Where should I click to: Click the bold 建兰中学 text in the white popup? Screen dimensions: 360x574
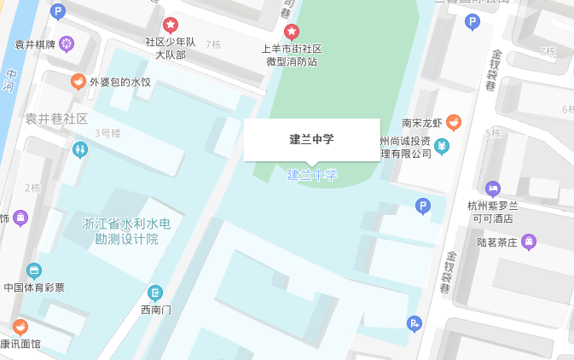pyautogui.click(x=311, y=139)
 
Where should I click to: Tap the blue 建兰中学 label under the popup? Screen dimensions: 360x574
pyautogui.click(x=312, y=175)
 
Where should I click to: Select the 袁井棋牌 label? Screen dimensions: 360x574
pyautogui.click(x=35, y=44)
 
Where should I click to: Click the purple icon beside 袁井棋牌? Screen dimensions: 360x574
pyautogui.click(x=67, y=44)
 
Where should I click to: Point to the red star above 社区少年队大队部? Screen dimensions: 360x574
pyautogui.click(x=171, y=25)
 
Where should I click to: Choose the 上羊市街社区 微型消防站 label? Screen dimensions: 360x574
pyautogui.click(x=292, y=55)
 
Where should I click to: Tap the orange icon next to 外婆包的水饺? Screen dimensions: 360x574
pyautogui.click(x=78, y=82)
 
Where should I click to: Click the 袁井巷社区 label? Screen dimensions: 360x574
pyautogui.click(x=56, y=119)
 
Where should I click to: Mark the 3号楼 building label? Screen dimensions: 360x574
pyautogui.click(x=107, y=133)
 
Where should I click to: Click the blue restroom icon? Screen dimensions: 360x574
pyautogui.click(x=80, y=149)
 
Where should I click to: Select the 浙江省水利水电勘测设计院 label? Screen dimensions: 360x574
pyautogui.click(x=126, y=231)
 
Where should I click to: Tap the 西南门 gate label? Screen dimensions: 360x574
pyautogui.click(x=155, y=310)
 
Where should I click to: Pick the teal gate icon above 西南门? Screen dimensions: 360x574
pyautogui.click(x=154, y=293)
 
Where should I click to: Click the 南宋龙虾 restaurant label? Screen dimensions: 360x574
pyautogui.click(x=422, y=123)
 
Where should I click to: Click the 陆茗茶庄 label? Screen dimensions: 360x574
pyautogui.click(x=498, y=242)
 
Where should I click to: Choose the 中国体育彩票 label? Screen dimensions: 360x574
pyautogui.click(x=34, y=287)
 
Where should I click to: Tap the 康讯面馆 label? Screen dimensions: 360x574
pyautogui.click(x=20, y=345)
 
